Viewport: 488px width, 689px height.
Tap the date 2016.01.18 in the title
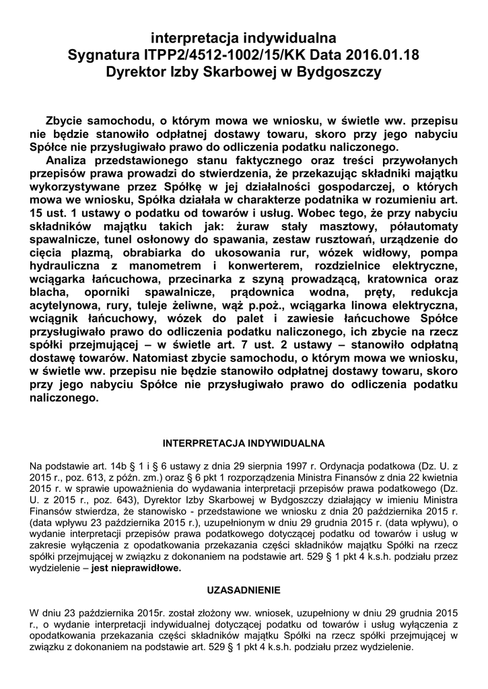(x=382, y=55)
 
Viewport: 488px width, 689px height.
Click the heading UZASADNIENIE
(x=243, y=590)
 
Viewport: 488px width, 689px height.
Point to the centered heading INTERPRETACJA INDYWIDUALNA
(x=244, y=444)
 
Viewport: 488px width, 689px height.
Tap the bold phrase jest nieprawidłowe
(x=137, y=568)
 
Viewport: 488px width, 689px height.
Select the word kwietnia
(x=437, y=476)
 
